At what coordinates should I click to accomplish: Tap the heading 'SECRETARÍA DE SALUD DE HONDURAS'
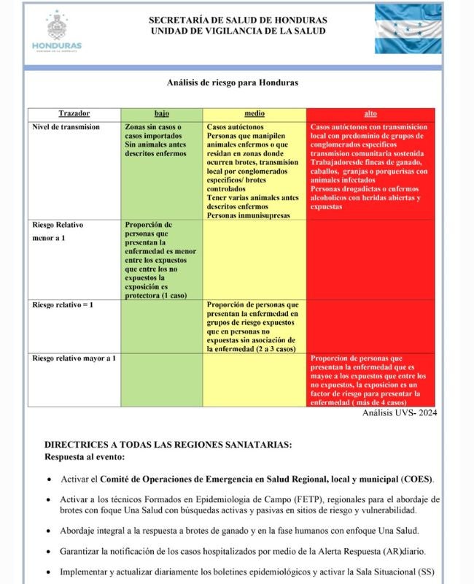coord(238,20)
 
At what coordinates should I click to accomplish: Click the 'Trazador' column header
coord(74,115)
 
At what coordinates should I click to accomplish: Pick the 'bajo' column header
coord(162,115)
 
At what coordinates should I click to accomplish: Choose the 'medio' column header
coord(255,115)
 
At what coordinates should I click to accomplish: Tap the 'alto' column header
coord(370,115)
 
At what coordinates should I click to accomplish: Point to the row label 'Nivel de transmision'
coord(66,127)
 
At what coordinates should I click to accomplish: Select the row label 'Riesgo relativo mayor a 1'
coord(74,358)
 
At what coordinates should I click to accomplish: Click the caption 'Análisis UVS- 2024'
coord(400,413)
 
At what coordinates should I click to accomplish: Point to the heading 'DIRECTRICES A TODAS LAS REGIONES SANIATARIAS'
coord(168,445)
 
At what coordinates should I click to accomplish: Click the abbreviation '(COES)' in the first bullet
coord(417,480)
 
